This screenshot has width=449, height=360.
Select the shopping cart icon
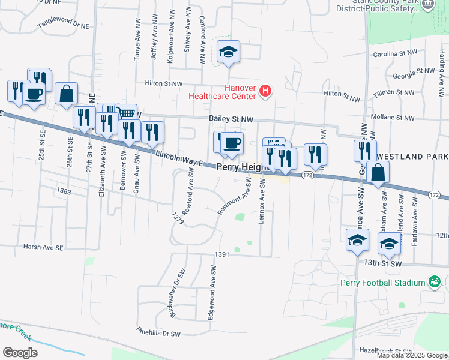click(x=125, y=112)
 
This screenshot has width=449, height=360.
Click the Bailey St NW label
click(x=231, y=120)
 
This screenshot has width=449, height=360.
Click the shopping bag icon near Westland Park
click(x=378, y=173)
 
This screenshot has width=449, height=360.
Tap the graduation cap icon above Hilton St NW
click(x=228, y=52)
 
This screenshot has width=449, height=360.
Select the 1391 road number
click(x=223, y=254)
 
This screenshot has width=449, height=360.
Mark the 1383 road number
click(x=64, y=191)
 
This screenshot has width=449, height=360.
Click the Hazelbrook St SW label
click(x=385, y=349)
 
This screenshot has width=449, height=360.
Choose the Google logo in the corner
click(x=20, y=353)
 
